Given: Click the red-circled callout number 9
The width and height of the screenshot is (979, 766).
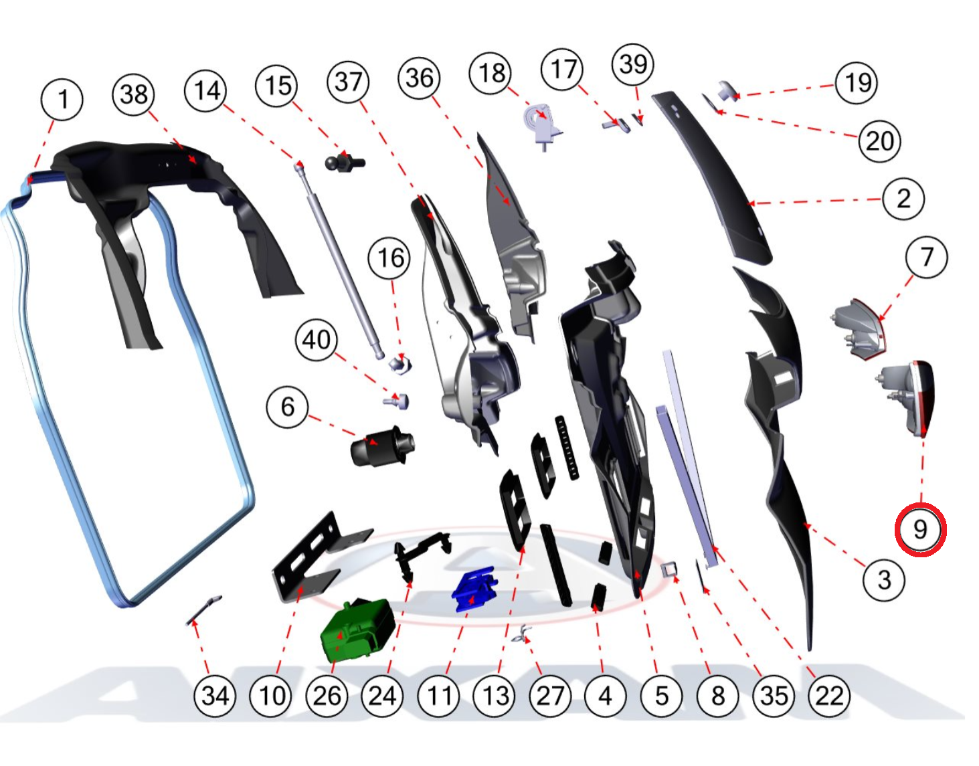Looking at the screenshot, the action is coord(920,530).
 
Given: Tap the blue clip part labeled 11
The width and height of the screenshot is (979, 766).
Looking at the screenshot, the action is coord(474,589).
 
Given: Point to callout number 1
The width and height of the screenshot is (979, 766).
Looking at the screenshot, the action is coord(62,100).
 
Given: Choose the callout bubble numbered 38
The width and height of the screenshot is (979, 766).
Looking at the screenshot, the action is coord(133,95).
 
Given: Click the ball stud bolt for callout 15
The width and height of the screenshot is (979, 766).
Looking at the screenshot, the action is coord(345,161).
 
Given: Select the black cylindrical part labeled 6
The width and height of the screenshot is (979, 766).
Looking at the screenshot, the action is coord(382,446).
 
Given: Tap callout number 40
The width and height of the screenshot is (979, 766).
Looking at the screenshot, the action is coord(317,340).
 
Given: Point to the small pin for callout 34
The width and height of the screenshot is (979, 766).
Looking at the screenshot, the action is coord(203,610).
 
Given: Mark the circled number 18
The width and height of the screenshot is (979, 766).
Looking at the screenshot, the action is coord(491,73).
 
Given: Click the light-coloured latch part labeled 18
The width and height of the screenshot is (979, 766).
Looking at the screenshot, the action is coord(543,126).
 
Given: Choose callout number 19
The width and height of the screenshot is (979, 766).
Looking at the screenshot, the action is coord(857,83).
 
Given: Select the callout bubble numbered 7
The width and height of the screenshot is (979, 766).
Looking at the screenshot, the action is coord(926,257).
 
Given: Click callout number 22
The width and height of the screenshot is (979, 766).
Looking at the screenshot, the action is coord(829,696).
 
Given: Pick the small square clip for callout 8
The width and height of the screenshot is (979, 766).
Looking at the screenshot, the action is coord(669,570).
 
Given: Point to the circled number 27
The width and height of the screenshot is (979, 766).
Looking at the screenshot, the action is coord(550,696).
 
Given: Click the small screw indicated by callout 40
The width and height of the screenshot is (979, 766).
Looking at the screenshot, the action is coord(396,401).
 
